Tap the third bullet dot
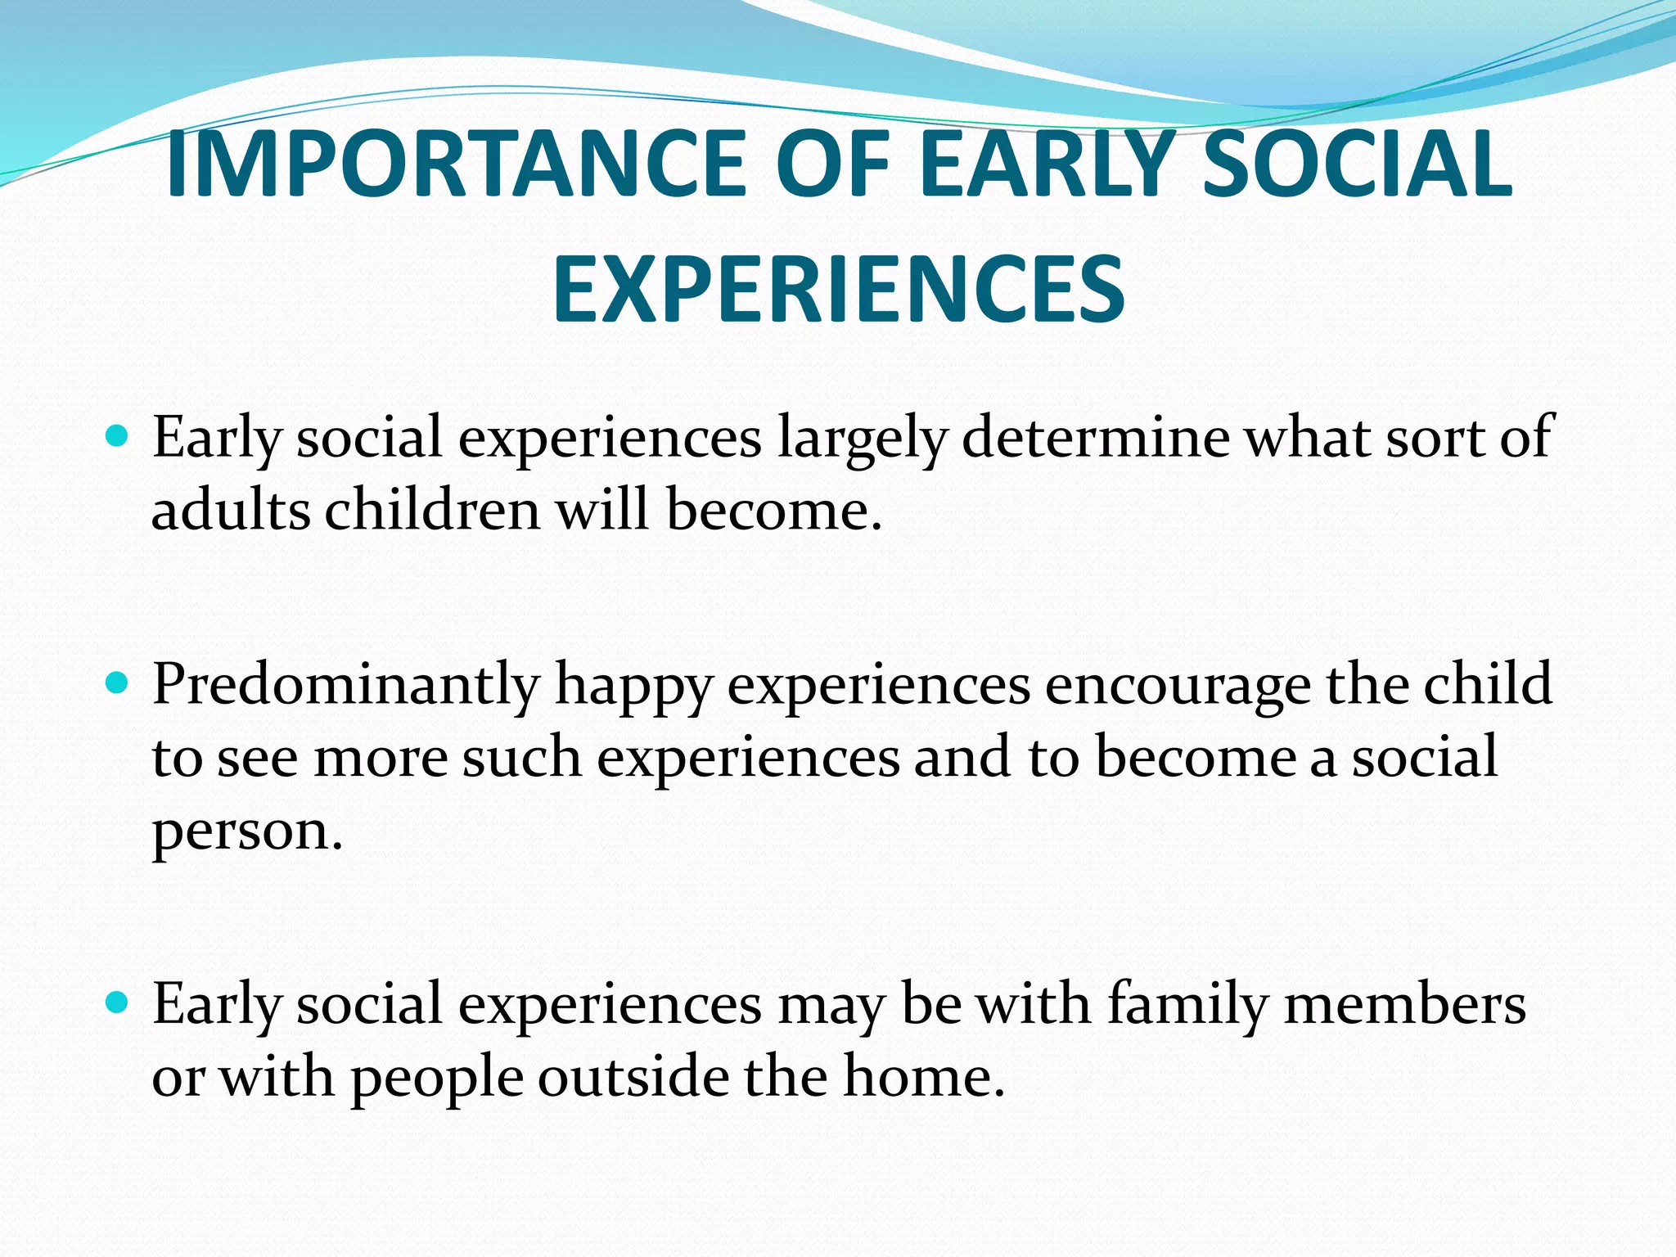[x=118, y=1002]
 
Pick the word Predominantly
[x=346, y=684]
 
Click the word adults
[x=231, y=511]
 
